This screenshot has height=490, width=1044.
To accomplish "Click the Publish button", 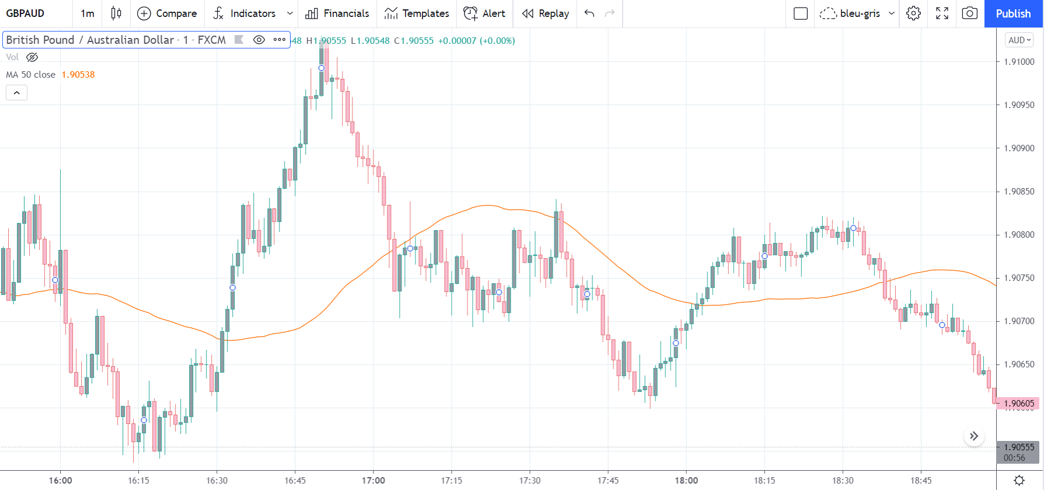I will tap(1013, 13).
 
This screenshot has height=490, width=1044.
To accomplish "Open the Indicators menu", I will tap(252, 13).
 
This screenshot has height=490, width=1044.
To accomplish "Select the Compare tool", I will tap(167, 13).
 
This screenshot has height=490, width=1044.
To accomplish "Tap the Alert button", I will tap(484, 13).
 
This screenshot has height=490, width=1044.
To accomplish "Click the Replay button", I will tap(545, 13).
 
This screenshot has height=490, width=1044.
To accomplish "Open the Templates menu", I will tap(417, 13).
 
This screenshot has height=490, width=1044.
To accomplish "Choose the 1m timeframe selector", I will tap(88, 13).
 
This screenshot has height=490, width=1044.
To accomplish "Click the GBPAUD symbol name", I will tap(25, 13).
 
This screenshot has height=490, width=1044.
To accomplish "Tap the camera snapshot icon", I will tap(969, 13).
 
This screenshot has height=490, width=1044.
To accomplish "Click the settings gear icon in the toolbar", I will tap(913, 13).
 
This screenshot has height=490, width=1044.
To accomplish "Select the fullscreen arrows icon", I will tap(942, 13).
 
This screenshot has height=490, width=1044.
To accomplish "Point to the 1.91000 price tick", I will tap(1019, 62).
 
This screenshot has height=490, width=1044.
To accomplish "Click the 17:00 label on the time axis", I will tap(373, 481).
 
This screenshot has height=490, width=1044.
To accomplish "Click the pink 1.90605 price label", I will tap(1019, 404).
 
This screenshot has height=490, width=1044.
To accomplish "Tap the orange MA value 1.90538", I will tap(78, 75).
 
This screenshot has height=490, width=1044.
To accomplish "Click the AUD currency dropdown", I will tap(1019, 40).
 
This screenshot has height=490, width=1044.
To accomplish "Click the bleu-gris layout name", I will tap(860, 13).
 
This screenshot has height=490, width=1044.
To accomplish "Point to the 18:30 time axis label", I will tap(843, 481).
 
